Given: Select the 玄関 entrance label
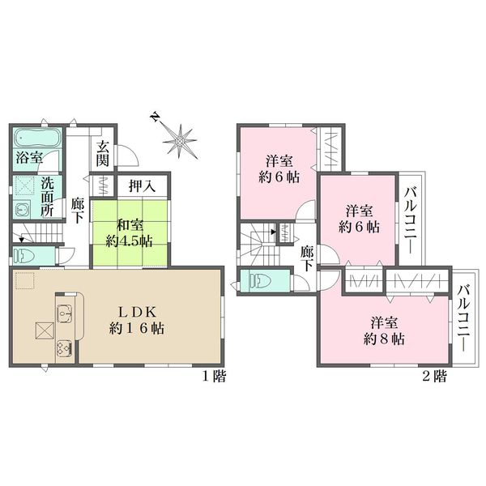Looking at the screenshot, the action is pyautogui.click(x=102, y=153).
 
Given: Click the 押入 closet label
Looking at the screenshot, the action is pyautogui.click(x=143, y=186).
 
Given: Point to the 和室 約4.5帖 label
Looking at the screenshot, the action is pyautogui.click(x=130, y=233).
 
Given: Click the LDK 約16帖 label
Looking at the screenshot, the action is pyautogui.click(x=137, y=320).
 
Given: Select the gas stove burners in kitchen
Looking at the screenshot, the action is pyautogui.click(x=65, y=348).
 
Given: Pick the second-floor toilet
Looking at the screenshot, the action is pyautogui.click(x=260, y=281).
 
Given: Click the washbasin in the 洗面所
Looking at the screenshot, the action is pyautogui.click(x=22, y=210).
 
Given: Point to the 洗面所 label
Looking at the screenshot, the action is pyautogui.click(x=48, y=197).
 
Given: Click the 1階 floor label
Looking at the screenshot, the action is pyautogui.click(x=215, y=377).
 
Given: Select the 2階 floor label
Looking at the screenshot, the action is pyautogui.click(x=435, y=377).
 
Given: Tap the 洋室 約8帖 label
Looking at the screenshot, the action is pyautogui.click(x=384, y=331).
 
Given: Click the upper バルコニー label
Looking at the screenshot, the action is pyautogui.click(x=410, y=220).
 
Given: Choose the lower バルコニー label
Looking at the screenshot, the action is pyautogui.click(x=464, y=318).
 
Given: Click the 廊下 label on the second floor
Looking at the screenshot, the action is pyautogui.click(x=306, y=258).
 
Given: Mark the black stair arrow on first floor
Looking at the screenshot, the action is pyautogui.click(x=22, y=239).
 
